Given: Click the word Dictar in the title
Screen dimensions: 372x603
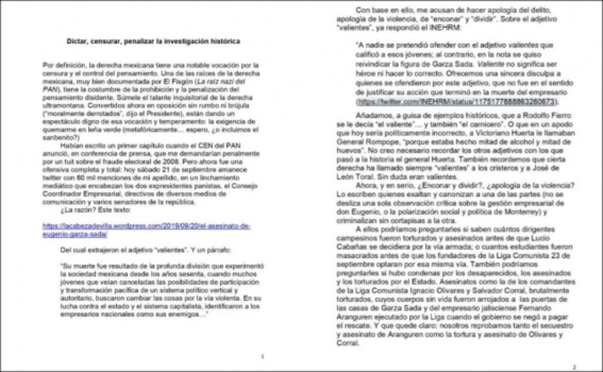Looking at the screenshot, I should tap(76, 41).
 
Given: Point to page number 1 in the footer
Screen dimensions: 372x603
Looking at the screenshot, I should tap(262, 356).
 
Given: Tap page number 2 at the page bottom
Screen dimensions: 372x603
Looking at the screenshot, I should tap(574, 367).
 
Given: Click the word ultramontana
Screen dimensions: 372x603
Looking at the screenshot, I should tap(61, 120).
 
